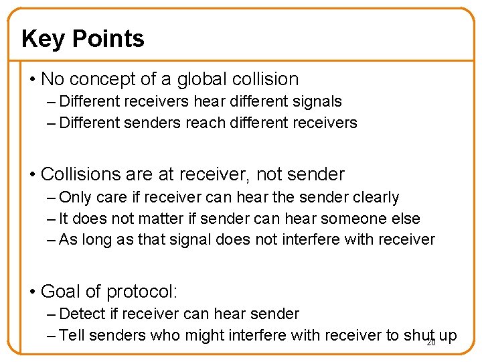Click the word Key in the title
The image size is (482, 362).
click(44, 39)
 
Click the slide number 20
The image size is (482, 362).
click(431, 343)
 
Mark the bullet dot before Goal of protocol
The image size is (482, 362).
click(33, 292)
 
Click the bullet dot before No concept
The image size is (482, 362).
click(33, 80)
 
